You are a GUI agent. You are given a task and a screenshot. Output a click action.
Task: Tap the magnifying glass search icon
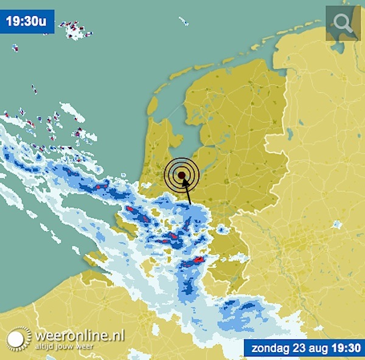pos(343,23)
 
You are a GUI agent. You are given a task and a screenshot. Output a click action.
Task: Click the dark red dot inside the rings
pos(181,176)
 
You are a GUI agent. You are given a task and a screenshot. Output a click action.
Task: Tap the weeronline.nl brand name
pos(79,335)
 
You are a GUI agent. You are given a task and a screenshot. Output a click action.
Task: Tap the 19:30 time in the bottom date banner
pos(346,348)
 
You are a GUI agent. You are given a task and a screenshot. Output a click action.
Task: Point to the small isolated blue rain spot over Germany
pos(336,226)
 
